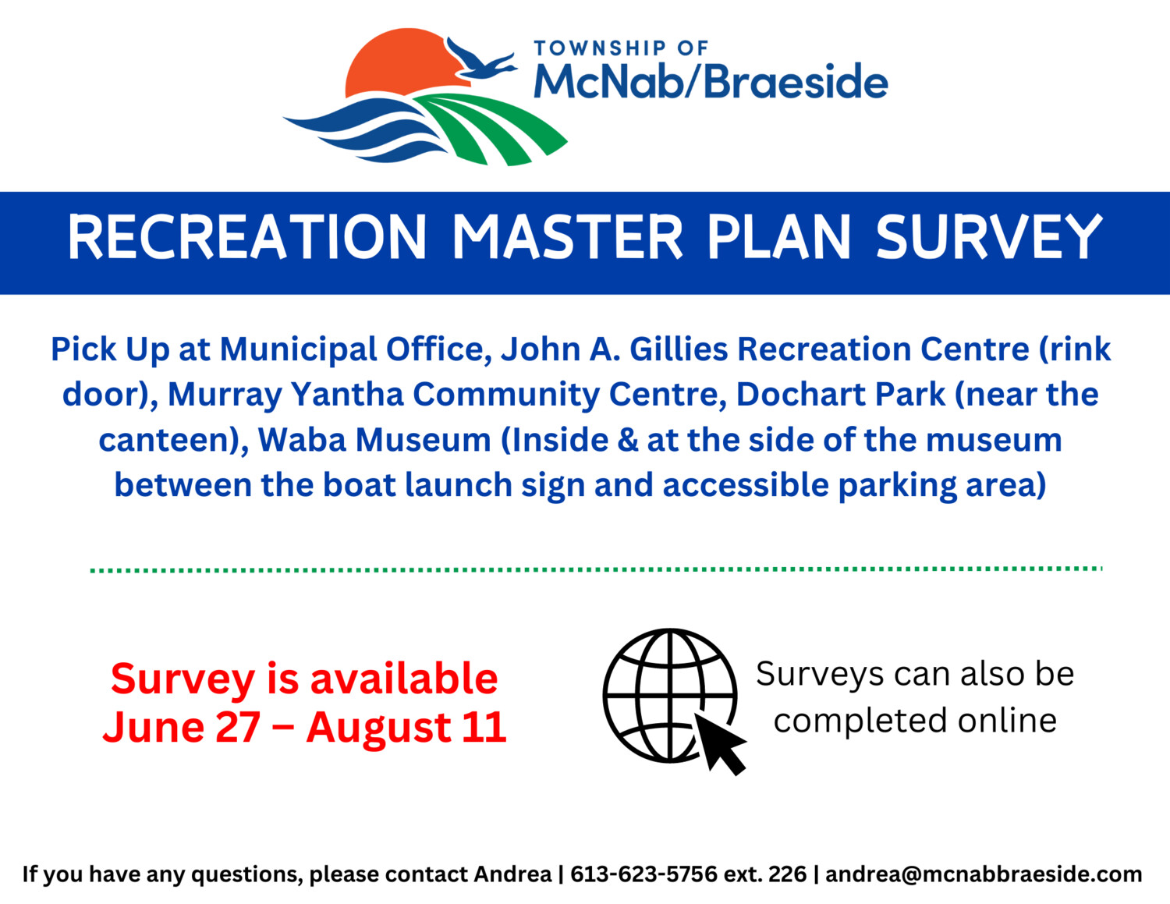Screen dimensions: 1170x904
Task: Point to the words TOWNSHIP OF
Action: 621,48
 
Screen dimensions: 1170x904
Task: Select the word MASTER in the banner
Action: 568,237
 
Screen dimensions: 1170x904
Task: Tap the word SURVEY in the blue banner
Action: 989,237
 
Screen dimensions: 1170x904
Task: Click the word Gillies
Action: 679,349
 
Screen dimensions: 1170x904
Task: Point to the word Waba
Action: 302,440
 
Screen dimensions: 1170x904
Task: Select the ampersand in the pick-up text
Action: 626,441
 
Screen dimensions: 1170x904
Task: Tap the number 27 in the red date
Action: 238,728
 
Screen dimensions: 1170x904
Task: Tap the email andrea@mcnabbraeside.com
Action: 984,874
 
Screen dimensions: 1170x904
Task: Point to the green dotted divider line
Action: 596,569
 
